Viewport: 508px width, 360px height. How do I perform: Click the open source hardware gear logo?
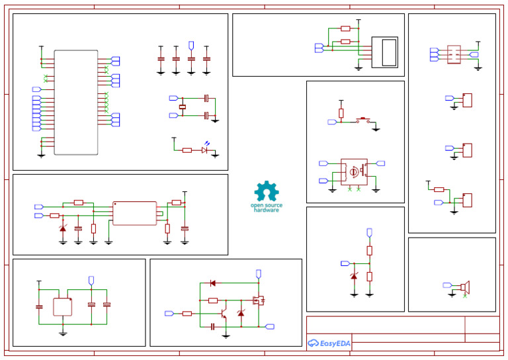click(267, 192)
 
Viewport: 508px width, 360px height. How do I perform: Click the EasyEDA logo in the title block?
click(329, 343)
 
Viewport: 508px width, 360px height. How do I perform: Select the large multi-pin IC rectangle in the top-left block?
click(75, 103)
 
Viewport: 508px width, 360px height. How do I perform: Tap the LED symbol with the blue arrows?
click(205, 150)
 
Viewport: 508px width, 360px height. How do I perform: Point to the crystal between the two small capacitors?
click(183, 107)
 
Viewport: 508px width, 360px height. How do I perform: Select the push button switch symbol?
click(363, 121)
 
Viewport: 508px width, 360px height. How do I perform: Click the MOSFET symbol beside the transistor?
click(259, 300)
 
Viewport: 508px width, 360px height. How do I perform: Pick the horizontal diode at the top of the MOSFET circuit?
click(212, 283)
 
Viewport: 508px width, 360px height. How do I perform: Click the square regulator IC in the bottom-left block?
click(63, 307)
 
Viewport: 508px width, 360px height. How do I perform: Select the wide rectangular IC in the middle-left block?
click(134, 213)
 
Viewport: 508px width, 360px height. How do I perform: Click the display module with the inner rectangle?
click(385, 52)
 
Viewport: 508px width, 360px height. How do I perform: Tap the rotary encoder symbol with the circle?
click(354, 171)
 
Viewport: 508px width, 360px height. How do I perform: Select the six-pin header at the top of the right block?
click(454, 54)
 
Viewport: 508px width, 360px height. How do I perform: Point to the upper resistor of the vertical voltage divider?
click(370, 250)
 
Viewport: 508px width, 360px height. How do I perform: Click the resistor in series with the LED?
click(187, 150)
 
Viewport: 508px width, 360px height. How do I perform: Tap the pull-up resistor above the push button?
click(341, 113)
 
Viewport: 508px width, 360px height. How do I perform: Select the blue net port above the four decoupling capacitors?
click(191, 45)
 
